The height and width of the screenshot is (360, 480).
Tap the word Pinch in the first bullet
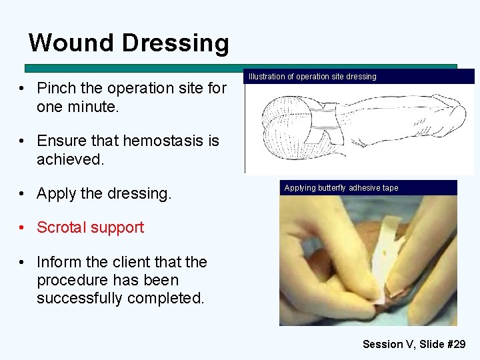pos(56,88)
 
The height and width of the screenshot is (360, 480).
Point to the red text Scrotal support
pos(90,227)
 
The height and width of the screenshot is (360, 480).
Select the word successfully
pos(76,298)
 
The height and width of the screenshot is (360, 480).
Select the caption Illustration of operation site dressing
pos(312,77)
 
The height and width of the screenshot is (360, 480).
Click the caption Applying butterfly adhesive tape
pos(341,188)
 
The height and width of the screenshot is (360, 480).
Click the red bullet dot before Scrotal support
pos(23,227)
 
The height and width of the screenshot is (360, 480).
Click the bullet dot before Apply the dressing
pos(23,194)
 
